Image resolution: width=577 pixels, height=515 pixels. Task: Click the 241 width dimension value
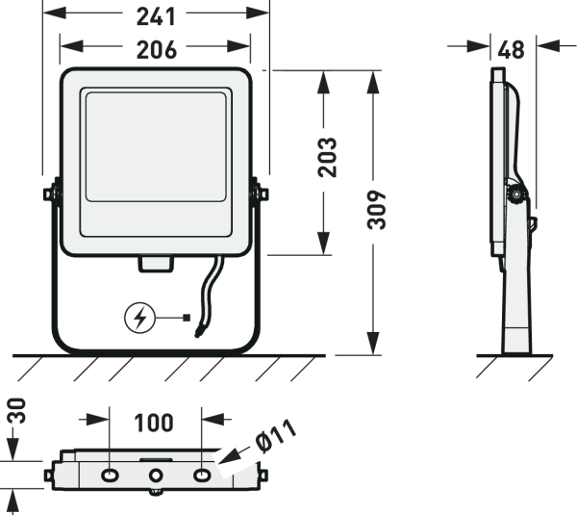tap(155, 16)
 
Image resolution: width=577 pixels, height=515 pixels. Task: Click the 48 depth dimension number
tap(512, 49)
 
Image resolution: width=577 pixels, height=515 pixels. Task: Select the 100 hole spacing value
tap(155, 423)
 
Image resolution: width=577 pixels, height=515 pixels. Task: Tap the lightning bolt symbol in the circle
tap(140, 317)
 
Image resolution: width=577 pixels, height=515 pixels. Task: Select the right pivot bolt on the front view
tap(259, 193)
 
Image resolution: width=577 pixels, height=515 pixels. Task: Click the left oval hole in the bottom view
tap(110, 475)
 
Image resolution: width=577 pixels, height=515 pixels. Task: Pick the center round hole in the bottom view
tap(155, 475)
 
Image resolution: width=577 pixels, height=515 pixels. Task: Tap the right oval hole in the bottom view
tap(200, 475)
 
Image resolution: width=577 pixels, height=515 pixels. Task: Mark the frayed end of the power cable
tap(198, 332)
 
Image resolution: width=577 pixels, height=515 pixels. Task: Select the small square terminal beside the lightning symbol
tap(187, 317)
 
